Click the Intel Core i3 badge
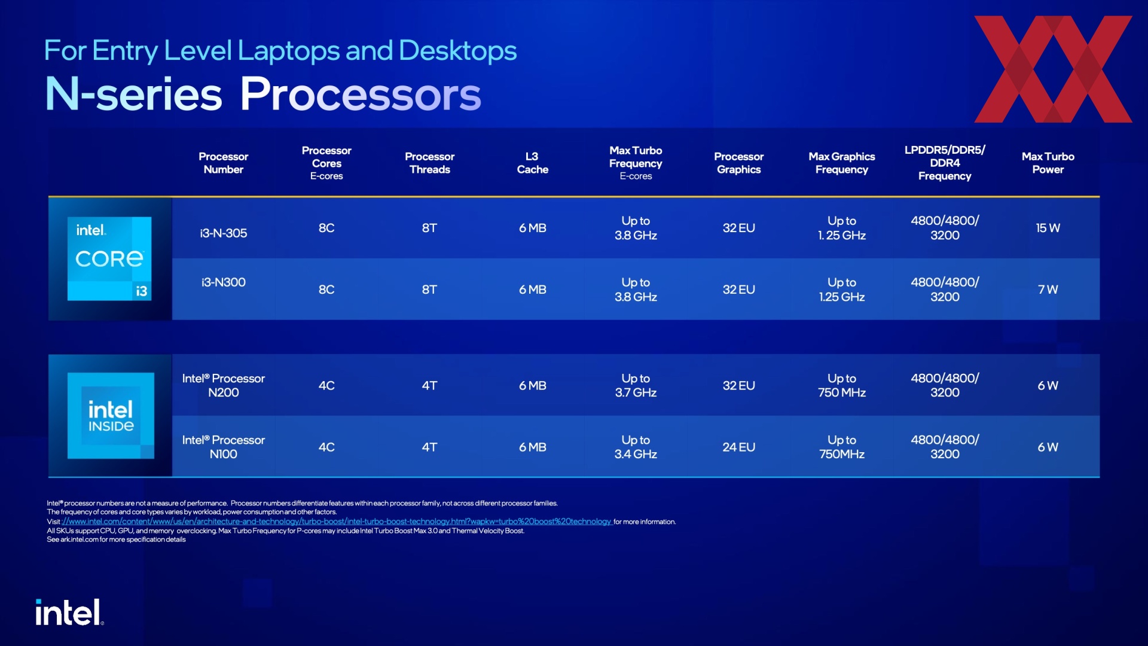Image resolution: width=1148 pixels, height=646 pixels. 109,258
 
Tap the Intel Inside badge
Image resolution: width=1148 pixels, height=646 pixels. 111,416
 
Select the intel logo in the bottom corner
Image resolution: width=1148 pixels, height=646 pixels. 69,613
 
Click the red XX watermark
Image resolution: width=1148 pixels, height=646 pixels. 1053,69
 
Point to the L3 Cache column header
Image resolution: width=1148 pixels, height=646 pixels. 532,163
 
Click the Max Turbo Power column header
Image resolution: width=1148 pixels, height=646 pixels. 1048,163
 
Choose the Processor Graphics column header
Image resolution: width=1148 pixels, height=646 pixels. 738,163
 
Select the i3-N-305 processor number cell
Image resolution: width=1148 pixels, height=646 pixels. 224,233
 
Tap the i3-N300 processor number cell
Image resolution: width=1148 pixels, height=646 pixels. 224,282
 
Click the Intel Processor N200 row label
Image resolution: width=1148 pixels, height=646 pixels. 224,385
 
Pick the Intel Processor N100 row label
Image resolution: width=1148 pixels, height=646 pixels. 224,447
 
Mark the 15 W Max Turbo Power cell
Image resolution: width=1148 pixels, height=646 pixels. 1048,228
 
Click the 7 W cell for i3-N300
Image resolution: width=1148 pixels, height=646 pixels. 1048,290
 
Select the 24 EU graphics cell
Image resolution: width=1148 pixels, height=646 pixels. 738,447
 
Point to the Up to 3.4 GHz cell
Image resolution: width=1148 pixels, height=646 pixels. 636,447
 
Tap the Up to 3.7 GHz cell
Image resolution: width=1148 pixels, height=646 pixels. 636,385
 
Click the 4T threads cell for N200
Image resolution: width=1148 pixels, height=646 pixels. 429,385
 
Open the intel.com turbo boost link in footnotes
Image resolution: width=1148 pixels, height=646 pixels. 337,522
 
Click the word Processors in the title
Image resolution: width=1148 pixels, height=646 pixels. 361,94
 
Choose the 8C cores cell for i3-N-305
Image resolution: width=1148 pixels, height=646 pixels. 326,228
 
